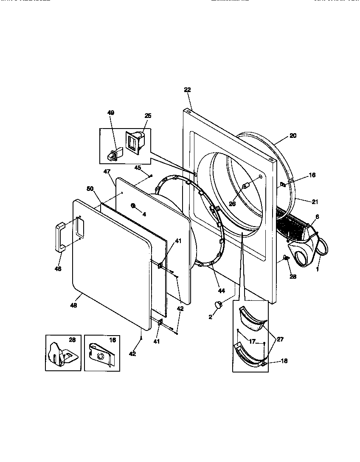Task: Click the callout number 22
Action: click(187, 90)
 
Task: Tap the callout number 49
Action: click(110, 113)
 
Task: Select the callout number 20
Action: click(293, 136)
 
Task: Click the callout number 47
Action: click(107, 171)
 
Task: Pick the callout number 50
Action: click(90, 188)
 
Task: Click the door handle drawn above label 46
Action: click(59, 237)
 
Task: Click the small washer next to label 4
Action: click(133, 206)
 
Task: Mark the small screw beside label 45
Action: click(151, 175)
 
